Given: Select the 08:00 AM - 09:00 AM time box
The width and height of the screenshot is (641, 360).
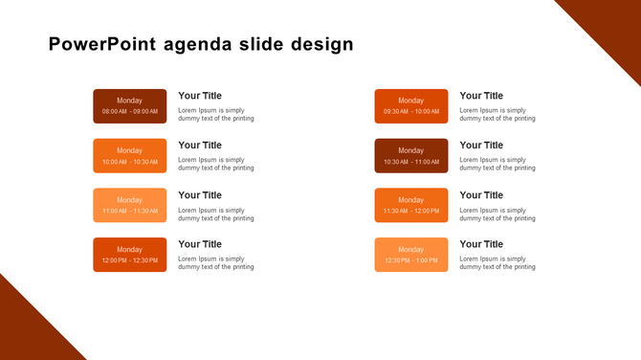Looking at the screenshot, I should pos(129,106).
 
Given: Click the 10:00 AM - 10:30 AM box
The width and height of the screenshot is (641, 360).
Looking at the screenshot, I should pos(129,156).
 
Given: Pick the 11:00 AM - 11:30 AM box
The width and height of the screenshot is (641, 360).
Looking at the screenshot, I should pos(129,205).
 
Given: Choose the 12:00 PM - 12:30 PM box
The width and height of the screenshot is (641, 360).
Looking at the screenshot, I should pos(129,255).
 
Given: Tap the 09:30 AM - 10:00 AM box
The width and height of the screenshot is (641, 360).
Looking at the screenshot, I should pos(410,106).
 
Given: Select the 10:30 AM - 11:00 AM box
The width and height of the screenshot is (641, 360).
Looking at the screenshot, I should pos(410,156).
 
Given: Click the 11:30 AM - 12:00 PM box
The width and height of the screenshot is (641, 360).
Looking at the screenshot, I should pos(410,205).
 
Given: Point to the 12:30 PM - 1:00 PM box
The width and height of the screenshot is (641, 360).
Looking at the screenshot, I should pos(410,255).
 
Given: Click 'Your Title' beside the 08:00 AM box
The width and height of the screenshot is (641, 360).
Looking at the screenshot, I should pos(200,96).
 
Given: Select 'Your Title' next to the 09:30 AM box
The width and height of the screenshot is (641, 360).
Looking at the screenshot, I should pos(481,96).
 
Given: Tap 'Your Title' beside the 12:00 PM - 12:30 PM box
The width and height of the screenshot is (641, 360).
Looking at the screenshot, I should pos(200,244).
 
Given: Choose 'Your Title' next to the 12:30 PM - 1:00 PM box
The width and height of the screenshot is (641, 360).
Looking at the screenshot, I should pos(481,244).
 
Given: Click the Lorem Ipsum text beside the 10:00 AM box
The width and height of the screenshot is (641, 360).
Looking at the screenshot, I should pos(216,164).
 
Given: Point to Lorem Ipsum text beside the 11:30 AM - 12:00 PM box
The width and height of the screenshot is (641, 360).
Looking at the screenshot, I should pos(497,214).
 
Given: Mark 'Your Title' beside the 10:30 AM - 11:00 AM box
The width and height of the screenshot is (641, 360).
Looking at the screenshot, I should pos(481,146).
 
